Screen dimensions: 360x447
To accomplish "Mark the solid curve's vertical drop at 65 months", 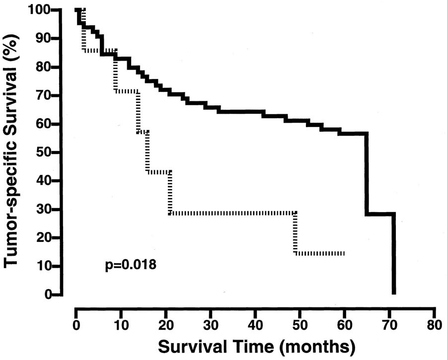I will [367, 174].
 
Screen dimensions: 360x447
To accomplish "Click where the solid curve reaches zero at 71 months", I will [394, 293].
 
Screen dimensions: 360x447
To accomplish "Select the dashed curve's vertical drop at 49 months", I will [296, 233].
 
